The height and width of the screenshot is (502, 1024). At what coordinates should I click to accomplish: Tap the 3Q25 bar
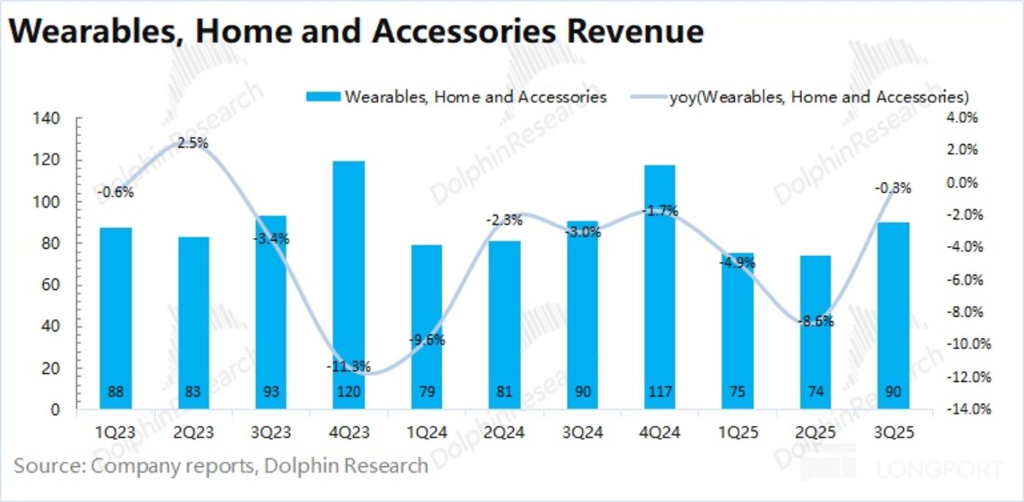(x=893, y=315)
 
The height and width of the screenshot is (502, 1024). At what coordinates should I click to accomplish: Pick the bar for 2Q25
(x=815, y=332)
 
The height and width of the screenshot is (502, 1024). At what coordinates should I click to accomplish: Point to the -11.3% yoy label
(x=349, y=366)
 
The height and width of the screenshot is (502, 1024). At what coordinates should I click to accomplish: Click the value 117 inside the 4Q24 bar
(x=660, y=392)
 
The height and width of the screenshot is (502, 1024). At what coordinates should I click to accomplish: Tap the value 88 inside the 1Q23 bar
(x=116, y=392)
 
